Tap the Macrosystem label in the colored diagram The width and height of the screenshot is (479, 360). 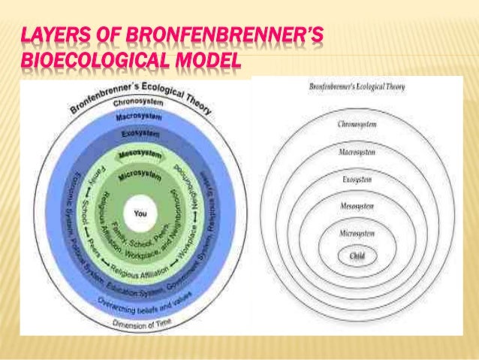137,118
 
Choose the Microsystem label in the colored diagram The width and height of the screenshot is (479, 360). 140,176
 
